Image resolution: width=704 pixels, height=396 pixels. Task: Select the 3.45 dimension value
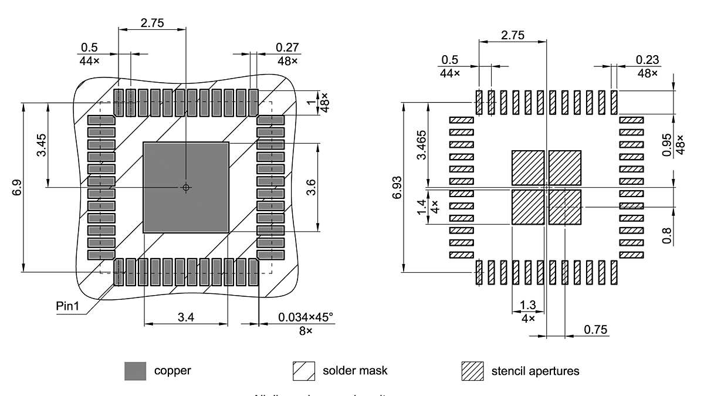tap(42, 144)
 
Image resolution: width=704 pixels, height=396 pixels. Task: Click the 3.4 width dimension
tap(185, 317)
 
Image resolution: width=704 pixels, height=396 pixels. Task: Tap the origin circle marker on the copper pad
tap(186, 188)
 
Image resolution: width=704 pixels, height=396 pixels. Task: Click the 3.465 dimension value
tap(421, 144)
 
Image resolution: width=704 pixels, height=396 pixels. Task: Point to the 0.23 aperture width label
tap(647, 59)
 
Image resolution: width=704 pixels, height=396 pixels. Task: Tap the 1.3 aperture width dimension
tap(528, 306)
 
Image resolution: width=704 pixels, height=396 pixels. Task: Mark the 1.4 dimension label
tap(421, 207)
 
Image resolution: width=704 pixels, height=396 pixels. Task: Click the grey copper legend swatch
tap(135, 371)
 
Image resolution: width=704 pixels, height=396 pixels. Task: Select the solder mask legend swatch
tap(304, 371)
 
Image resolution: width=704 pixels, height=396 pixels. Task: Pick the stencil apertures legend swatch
tap(472, 371)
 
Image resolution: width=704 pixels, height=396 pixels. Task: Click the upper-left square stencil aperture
tap(528, 168)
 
